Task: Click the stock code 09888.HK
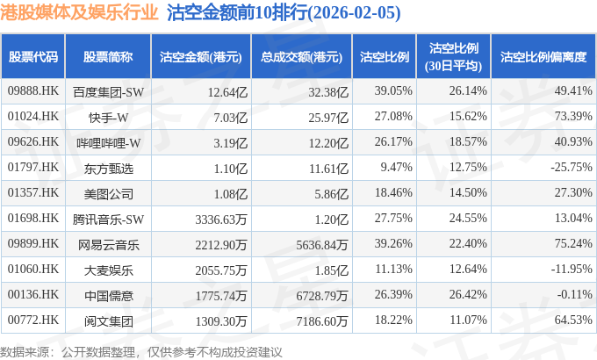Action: point(32,91)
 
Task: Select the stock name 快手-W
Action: point(108,116)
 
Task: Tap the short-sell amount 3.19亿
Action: point(221,141)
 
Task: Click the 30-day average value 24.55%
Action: point(467,218)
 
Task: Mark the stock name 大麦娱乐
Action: point(108,269)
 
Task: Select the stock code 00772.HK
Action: point(32,320)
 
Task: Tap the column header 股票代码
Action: point(33,57)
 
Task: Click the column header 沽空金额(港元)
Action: point(200,57)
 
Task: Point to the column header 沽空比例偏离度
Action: point(543,57)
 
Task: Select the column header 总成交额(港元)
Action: point(300,57)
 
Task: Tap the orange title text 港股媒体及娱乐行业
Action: point(82,14)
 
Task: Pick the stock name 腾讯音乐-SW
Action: point(108,218)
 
